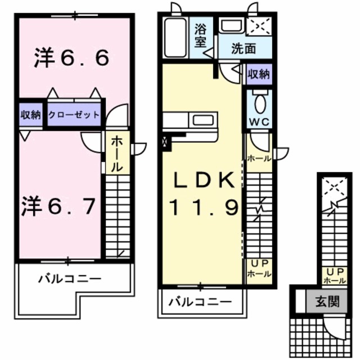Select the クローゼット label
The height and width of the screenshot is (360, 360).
74,115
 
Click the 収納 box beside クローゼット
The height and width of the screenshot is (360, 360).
31,115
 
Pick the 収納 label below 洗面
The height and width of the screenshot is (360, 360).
259,74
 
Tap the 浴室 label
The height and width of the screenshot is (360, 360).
201,35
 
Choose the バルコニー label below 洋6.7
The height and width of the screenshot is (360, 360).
70,278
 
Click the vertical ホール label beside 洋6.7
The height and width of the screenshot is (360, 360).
116,153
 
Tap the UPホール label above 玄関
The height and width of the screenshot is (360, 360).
334,276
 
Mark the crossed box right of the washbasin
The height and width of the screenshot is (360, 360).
258,26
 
